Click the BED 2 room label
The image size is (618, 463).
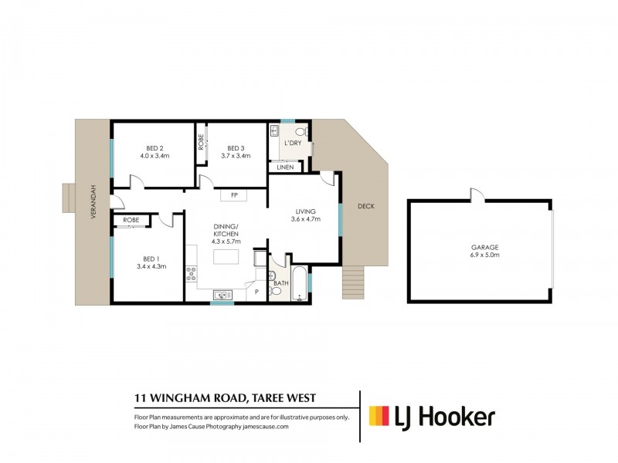tap(154, 148)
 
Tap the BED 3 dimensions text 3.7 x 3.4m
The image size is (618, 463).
tap(236, 156)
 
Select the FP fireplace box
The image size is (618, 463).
tap(234, 195)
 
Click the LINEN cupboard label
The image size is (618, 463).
tap(285, 167)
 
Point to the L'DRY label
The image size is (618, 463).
tap(293, 143)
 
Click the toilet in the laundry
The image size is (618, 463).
tap(303, 131)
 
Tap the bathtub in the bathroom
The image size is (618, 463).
tap(300, 283)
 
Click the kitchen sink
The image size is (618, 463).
tap(222, 295)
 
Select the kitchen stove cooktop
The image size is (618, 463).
tap(191, 274)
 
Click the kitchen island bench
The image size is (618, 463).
tap(226, 257)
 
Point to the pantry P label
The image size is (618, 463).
tap(256, 292)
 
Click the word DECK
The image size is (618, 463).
tap(365, 206)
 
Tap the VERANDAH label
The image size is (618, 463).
tap(93, 201)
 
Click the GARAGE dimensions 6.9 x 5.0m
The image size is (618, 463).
tap(484, 255)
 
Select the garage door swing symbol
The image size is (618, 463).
tap(477, 195)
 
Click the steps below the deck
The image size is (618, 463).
tap(353, 282)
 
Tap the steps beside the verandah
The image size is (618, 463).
tap(69, 198)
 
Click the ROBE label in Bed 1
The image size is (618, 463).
tap(131, 220)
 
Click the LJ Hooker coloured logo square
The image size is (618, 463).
tap(379, 416)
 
